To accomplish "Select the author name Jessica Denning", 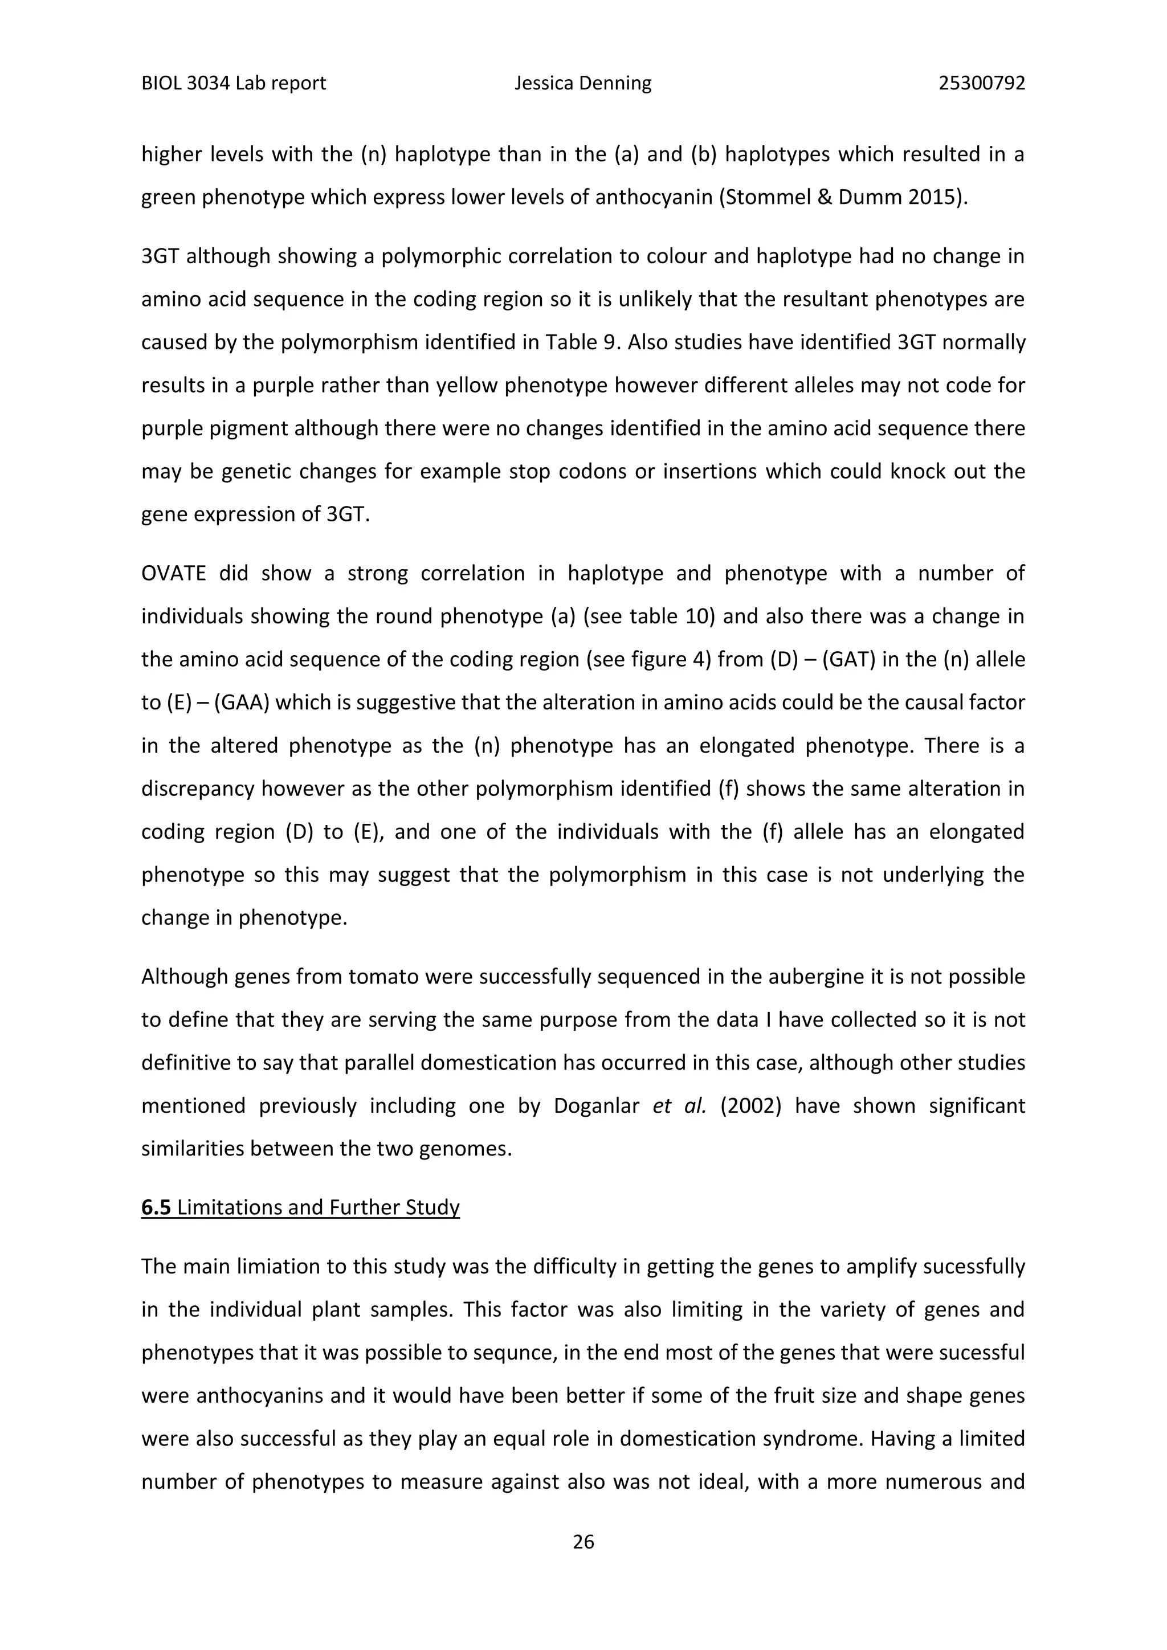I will pyautogui.click(x=583, y=83).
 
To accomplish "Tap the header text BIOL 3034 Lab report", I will pyautogui.click(x=234, y=83).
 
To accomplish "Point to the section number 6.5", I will pyautogui.click(x=156, y=1207).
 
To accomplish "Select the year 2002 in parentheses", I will pyautogui.click(x=751, y=1105).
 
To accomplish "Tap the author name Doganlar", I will pyautogui.click(x=597, y=1105).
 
